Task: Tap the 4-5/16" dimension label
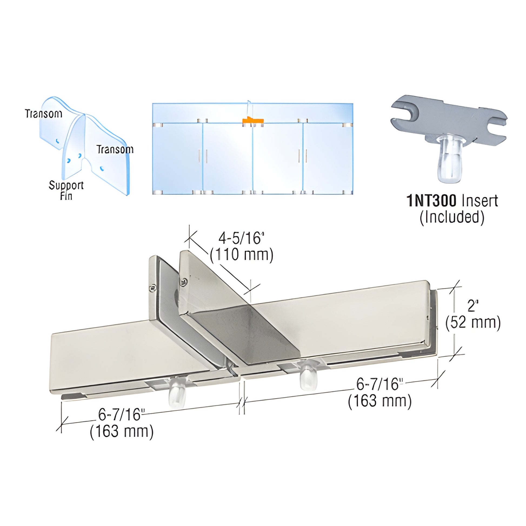[241, 238]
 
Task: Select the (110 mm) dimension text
[241, 255]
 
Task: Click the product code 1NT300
[431, 201]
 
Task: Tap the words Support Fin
[66, 190]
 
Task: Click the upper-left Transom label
[44, 114]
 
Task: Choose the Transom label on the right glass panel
[115, 149]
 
